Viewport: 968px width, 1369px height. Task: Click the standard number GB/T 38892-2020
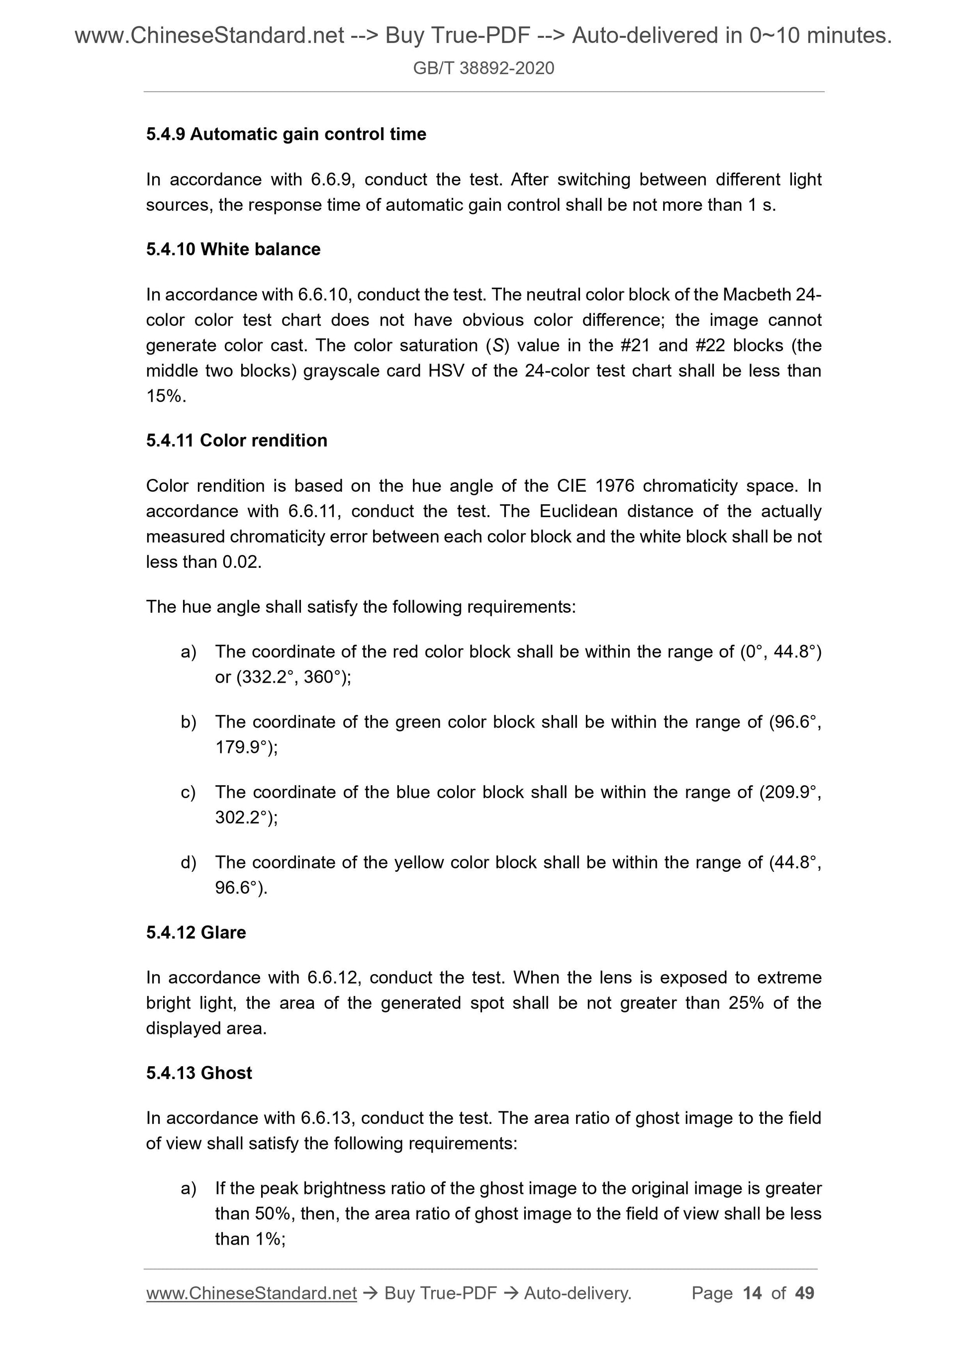click(x=483, y=68)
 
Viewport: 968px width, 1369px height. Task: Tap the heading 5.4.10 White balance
click(x=233, y=249)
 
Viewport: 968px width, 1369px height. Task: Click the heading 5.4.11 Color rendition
click(x=236, y=441)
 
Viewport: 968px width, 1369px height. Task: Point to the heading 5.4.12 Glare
click(x=195, y=932)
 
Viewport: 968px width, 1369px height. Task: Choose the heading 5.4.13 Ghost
click(x=198, y=1073)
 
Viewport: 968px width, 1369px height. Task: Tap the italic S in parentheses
click(x=494, y=346)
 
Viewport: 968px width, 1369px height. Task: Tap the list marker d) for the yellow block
click(x=188, y=863)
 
